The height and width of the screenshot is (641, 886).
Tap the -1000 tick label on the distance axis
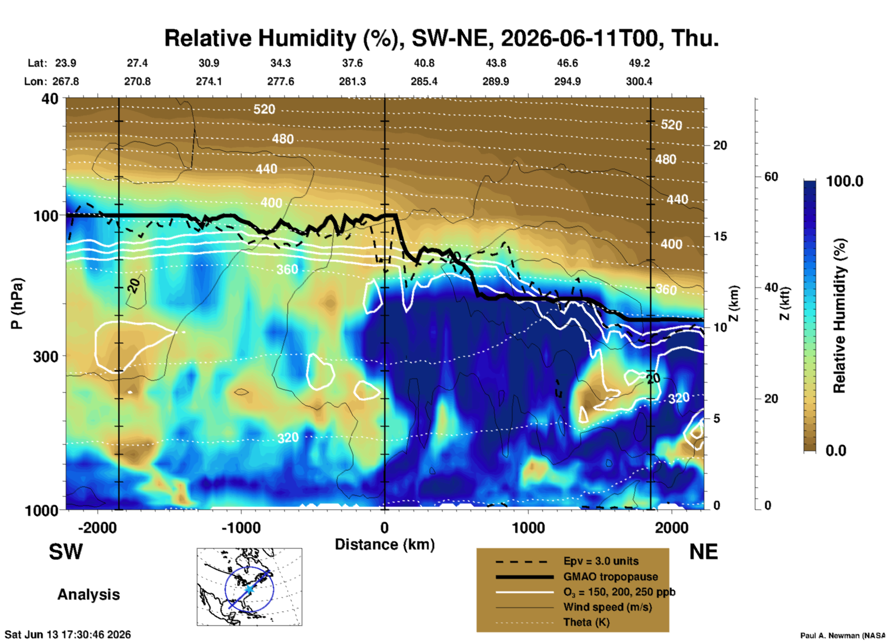pos(241,528)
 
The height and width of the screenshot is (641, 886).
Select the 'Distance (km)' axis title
pos(385,545)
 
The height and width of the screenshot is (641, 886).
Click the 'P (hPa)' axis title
pos(17,303)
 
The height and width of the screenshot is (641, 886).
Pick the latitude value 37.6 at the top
pos(352,63)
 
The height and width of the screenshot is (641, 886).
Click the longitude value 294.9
pos(567,81)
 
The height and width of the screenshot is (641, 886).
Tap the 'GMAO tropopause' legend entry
pos(610,577)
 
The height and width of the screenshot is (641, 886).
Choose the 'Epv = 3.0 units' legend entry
pos(601,561)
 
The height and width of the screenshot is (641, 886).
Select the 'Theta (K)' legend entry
pos(587,623)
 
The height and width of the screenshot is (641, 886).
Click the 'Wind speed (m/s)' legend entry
pos(607,607)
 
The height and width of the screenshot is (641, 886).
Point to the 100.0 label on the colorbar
pos(845,181)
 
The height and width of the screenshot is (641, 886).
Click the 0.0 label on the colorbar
pos(836,451)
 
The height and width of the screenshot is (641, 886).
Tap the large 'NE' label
pos(703,552)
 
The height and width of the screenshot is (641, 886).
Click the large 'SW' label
pos(66,552)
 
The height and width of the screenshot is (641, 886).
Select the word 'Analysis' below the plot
pos(88,595)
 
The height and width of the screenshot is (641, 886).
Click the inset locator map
pos(249,587)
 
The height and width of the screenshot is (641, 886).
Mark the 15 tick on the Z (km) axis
pos(720,236)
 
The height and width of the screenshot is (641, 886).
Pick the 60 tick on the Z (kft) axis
pos(771,177)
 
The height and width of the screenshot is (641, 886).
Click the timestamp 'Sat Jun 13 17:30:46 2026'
pos(68,635)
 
